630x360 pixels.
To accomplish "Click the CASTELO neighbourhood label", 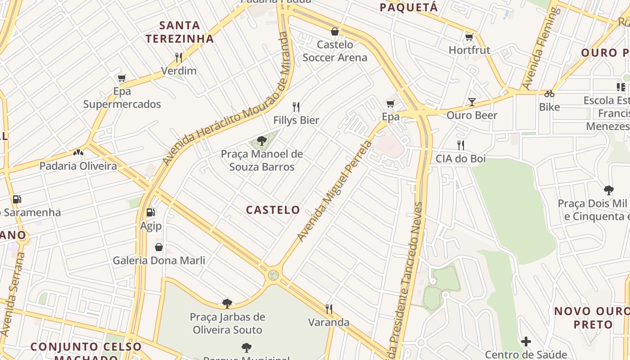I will [273, 210].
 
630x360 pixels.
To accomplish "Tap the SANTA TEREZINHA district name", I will [180, 32].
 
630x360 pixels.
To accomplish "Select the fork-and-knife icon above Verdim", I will [179, 57].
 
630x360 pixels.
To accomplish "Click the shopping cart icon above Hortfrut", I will [469, 37].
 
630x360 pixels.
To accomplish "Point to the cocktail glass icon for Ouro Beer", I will [472, 102].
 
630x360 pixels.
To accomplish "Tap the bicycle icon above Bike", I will [549, 94].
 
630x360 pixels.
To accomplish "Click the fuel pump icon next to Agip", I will [150, 212].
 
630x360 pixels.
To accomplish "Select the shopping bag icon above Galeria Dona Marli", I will [158, 247].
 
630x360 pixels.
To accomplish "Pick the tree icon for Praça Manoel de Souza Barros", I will [261, 141].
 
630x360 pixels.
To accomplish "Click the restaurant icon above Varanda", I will [329, 309].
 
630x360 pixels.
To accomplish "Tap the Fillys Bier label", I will [296, 120].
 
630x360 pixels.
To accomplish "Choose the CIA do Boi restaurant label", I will [460, 158].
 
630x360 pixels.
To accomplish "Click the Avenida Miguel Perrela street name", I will [335, 191].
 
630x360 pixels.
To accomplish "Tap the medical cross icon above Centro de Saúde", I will [526, 342].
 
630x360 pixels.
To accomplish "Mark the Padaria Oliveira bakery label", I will [78, 166].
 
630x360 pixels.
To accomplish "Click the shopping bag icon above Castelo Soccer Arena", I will [334, 31].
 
